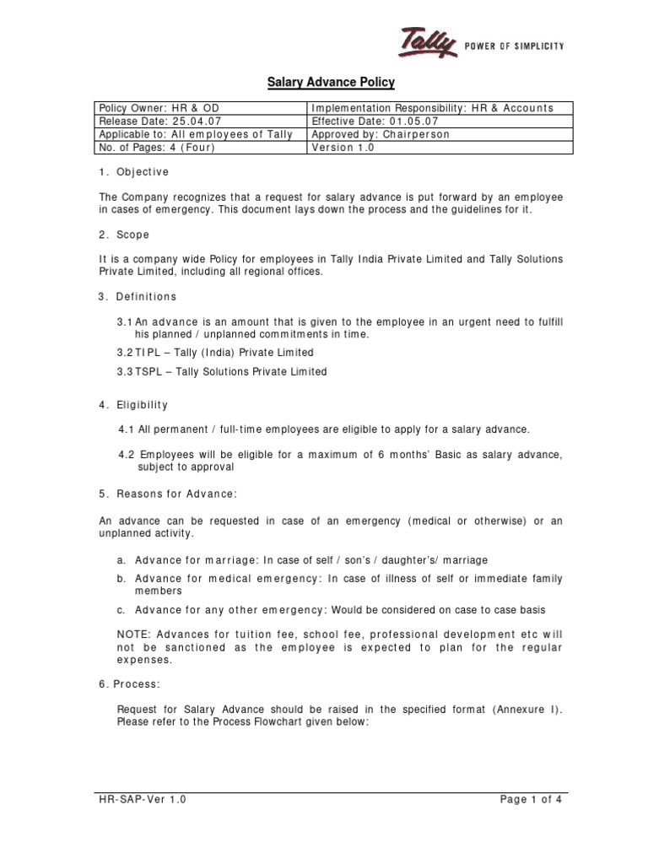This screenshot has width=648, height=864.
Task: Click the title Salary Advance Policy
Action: [331, 83]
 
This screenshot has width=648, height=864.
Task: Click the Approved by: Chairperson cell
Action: [381, 134]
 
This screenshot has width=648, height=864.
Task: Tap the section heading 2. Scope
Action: [124, 235]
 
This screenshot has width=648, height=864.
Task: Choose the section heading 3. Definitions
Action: [138, 297]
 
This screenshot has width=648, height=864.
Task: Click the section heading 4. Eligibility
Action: [133, 405]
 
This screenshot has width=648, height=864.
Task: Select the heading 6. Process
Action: [127, 685]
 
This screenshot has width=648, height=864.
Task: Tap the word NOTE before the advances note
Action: [133, 634]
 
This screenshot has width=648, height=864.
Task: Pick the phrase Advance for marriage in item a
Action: [197, 560]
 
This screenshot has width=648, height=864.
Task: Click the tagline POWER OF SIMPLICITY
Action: [515, 46]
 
